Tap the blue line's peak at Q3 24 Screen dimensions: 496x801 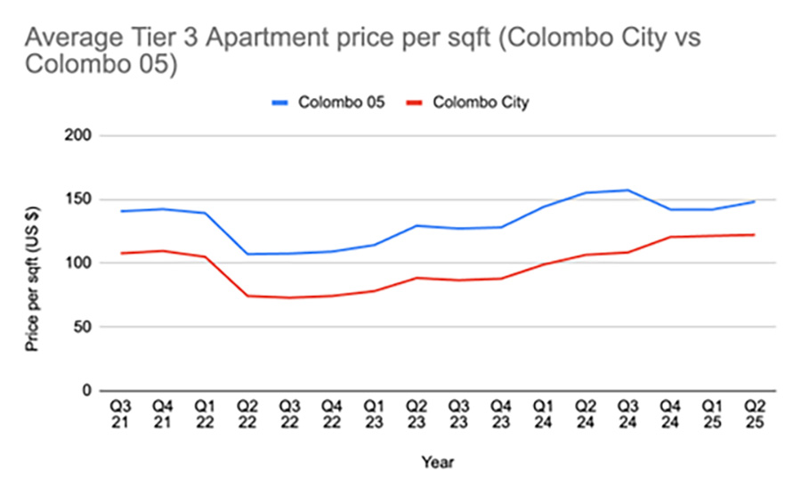click(x=627, y=190)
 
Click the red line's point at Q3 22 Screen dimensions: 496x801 click(x=289, y=297)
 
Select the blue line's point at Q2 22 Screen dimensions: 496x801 click(x=247, y=254)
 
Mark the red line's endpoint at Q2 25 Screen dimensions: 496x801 click(x=754, y=234)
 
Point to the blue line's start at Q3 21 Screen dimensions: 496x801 click(x=120, y=211)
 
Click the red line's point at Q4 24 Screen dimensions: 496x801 click(x=669, y=237)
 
